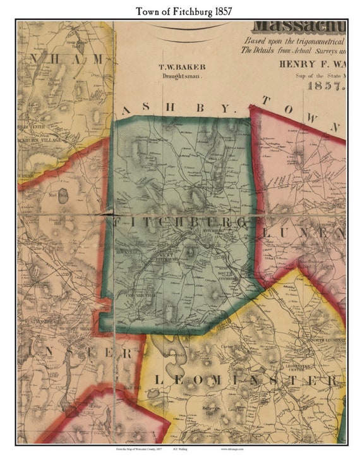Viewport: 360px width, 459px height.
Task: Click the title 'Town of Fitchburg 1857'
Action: (x=180, y=10)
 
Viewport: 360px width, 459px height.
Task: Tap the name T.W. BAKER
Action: (x=181, y=66)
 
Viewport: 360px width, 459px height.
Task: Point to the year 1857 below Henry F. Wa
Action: (x=326, y=85)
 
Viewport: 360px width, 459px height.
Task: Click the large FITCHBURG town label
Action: (x=180, y=223)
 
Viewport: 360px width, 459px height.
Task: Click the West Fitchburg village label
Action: (x=165, y=257)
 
